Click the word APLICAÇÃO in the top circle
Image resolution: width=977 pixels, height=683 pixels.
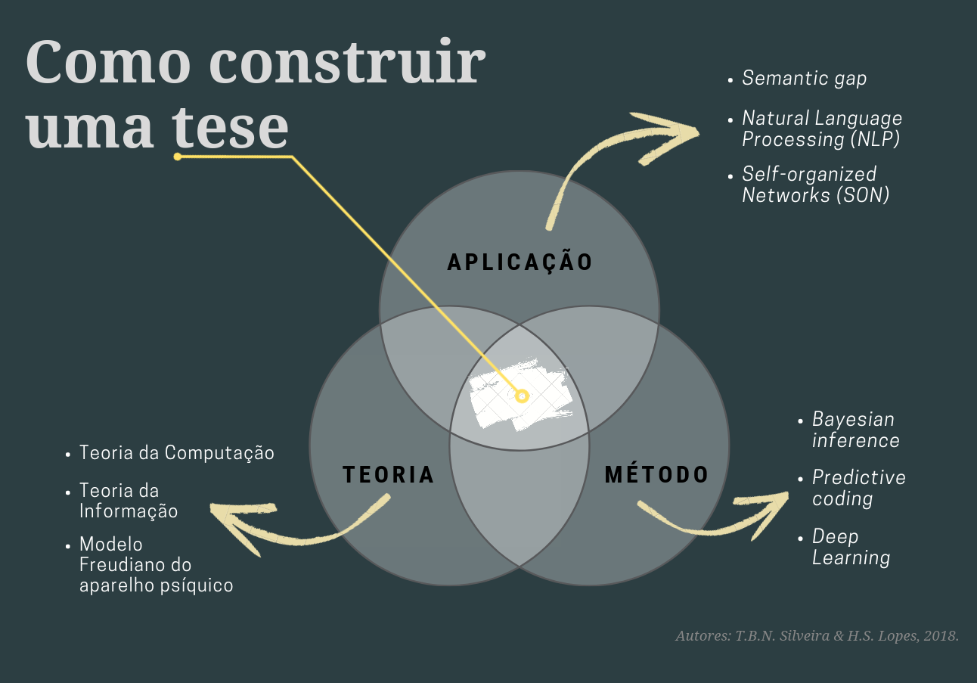[x=520, y=262]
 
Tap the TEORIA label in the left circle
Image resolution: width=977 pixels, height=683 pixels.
[x=389, y=474]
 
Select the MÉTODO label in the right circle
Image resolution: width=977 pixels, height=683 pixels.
[x=656, y=474]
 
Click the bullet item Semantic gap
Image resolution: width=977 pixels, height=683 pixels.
[x=804, y=78]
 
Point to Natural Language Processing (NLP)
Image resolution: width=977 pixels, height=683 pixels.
[x=821, y=129]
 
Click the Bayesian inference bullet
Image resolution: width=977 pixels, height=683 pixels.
[x=855, y=430]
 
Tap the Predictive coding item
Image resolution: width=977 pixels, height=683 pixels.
[x=858, y=488]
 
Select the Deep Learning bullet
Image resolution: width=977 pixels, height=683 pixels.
[x=851, y=547]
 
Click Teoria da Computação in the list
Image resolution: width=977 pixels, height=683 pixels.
[x=176, y=453]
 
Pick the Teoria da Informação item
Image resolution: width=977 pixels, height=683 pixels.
[x=129, y=501]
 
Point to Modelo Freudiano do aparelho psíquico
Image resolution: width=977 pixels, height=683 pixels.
[x=156, y=564]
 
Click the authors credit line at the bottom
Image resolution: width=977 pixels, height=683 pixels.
[x=817, y=636]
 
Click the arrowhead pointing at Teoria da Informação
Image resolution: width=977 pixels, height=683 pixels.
[x=234, y=522]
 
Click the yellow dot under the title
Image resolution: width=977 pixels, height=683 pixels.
[x=177, y=157]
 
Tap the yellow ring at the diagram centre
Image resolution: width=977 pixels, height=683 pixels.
[x=521, y=396]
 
